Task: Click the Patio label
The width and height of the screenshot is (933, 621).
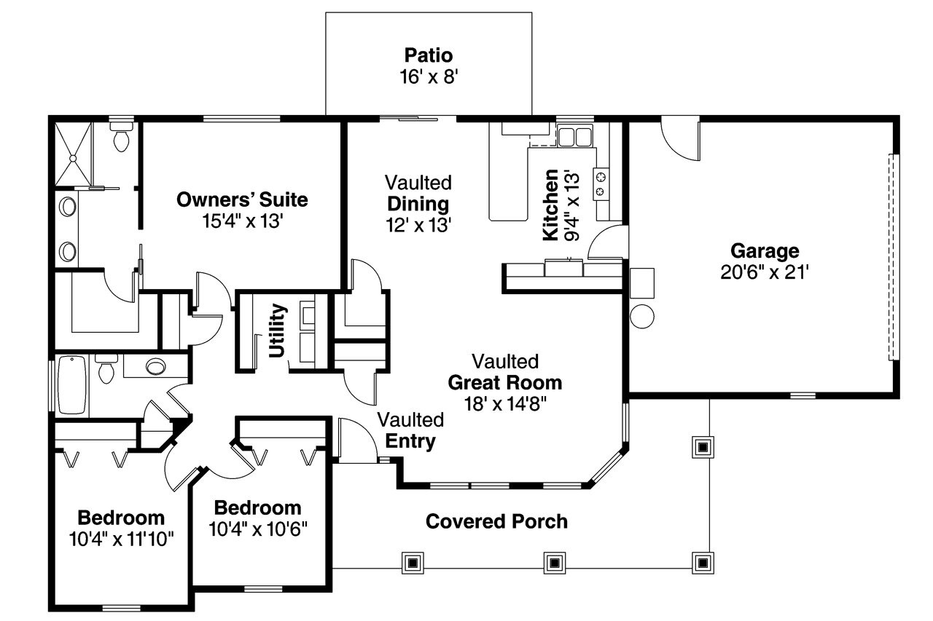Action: coord(429,55)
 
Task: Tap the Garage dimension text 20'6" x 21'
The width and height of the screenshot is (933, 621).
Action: coord(765,272)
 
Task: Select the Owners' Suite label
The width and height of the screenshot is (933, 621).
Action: coord(242,199)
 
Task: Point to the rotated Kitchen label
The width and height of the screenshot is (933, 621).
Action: coord(552,205)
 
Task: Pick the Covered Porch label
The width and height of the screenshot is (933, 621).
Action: coord(496,521)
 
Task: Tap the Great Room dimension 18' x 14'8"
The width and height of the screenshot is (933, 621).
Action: coord(504,403)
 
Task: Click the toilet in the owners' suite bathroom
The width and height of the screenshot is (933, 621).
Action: coord(121,137)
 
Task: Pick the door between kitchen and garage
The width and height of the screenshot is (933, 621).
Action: coord(608,243)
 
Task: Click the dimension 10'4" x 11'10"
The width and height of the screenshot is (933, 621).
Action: coord(122,541)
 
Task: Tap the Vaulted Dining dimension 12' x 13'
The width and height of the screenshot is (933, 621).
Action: coord(418,226)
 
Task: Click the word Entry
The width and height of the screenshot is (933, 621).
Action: coord(410,440)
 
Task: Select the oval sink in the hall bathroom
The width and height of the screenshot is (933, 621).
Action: coord(156,366)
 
